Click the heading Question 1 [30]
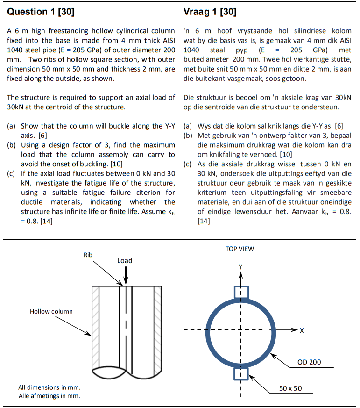point(41,12)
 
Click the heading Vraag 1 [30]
point(210,12)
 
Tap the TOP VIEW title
point(240,249)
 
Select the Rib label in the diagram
point(88,255)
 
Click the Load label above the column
point(125,261)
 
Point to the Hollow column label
point(51,311)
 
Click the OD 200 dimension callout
point(309,362)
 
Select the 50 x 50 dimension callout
point(290,388)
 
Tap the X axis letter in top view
point(302,331)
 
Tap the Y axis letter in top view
point(240,267)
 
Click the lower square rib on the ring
point(241,373)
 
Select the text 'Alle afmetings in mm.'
point(49,396)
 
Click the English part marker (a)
point(13,126)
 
